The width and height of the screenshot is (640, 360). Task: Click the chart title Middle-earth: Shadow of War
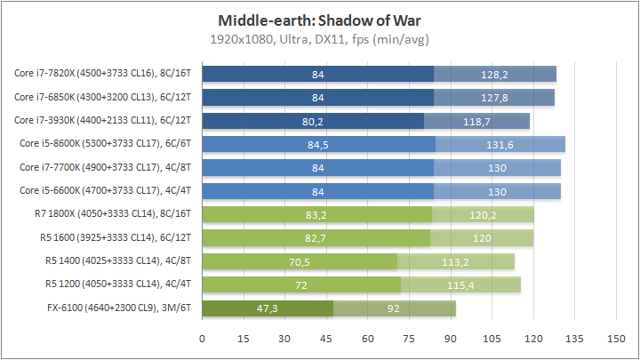tap(319, 20)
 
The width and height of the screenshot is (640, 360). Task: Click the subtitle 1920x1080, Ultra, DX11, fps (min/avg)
tap(319, 39)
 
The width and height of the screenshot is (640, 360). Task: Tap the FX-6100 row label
tap(122, 308)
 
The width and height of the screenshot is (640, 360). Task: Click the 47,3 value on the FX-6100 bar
tap(268, 308)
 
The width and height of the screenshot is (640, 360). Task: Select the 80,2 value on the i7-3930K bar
tap(313, 121)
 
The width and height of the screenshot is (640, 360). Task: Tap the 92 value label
tap(394, 308)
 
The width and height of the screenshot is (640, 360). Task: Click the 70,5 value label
tap(300, 261)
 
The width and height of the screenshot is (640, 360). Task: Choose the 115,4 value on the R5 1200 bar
tap(460, 285)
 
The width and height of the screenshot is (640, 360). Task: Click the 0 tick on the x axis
tap(203, 339)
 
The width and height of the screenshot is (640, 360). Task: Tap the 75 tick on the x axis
tap(409, 339)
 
